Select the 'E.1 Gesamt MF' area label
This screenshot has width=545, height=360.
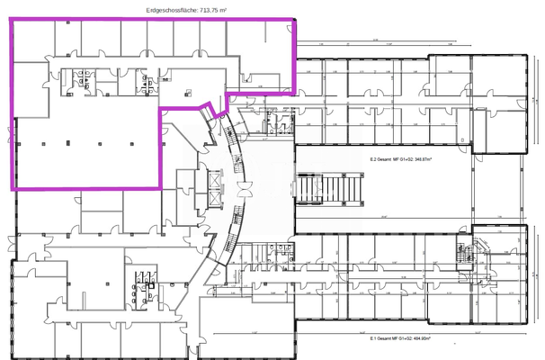[401, 340]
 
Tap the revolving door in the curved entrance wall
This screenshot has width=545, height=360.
[244, 190]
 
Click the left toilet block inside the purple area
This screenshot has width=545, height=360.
[88, 80]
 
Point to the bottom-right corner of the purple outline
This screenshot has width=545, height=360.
[160, 187]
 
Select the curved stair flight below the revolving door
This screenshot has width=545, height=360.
[237, 236]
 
